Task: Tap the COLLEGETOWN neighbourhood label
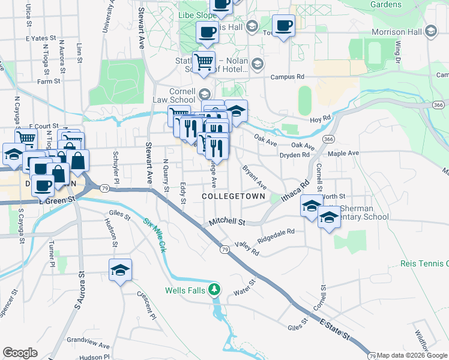point(234,196)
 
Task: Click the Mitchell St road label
point(228,222)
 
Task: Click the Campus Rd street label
point(288,77)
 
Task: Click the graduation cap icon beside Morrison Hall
point(431,31)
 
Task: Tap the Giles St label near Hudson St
point(116,212)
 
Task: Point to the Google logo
point(20,353)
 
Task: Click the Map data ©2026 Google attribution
point(412,356)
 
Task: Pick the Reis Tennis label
point(424,264)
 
